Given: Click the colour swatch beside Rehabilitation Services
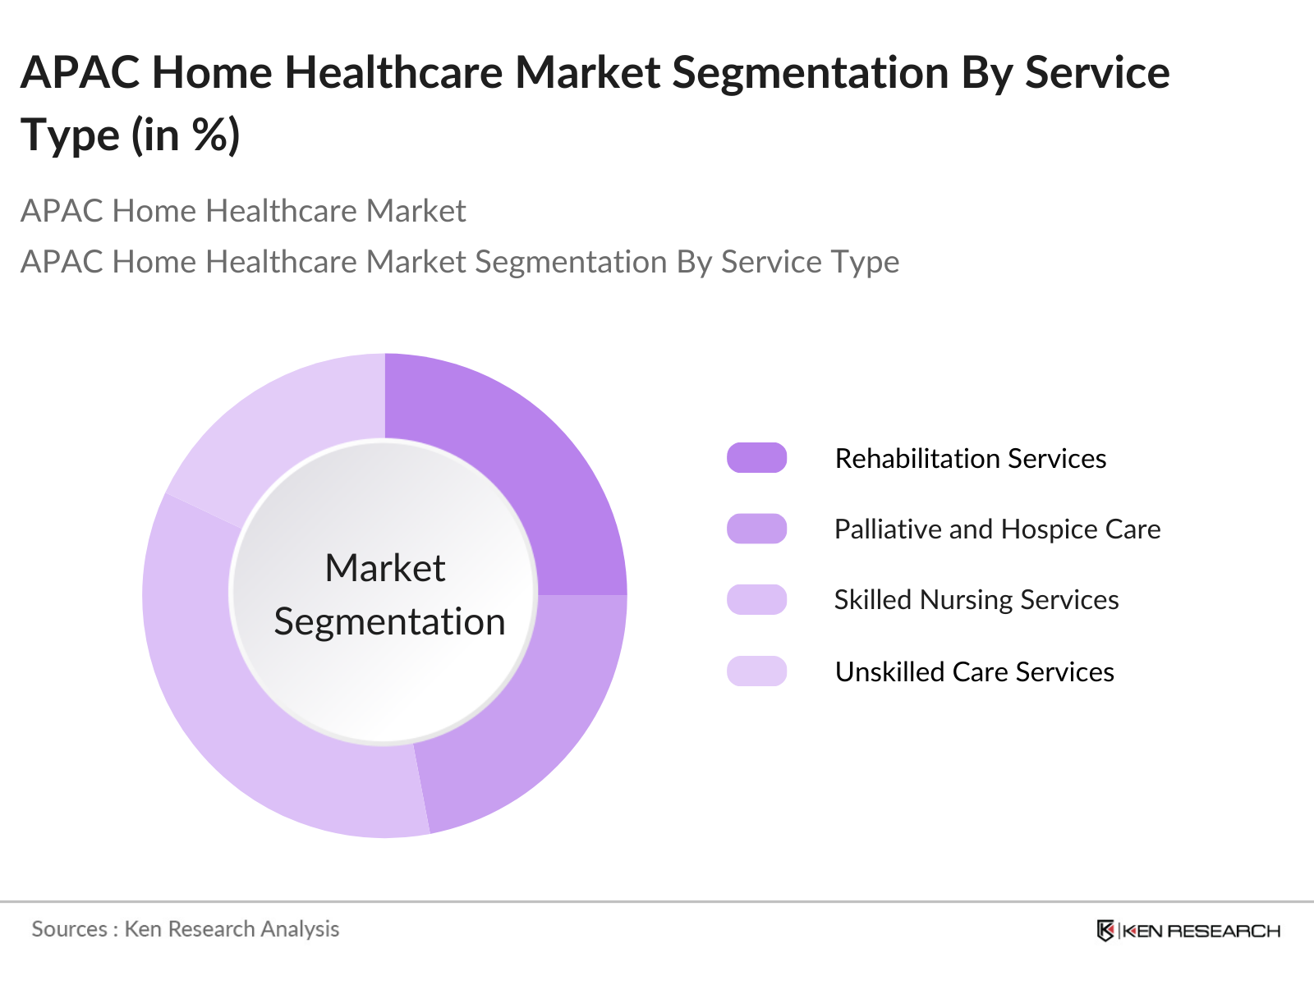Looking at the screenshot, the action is click(756, 457).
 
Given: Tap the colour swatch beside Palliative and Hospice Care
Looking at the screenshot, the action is click(756, 529).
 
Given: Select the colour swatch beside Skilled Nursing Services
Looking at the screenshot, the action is click(756, 599).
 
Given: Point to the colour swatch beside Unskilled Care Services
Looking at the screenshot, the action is click(756, 671).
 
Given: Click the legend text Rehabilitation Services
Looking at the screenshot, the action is click(971, 459).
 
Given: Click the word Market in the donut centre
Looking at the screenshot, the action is click(385, 567).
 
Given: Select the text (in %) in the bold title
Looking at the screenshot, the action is click(186, 135).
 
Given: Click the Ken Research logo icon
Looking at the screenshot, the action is click(1105, 931).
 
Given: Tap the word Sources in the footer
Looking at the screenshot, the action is click(70, 929).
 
